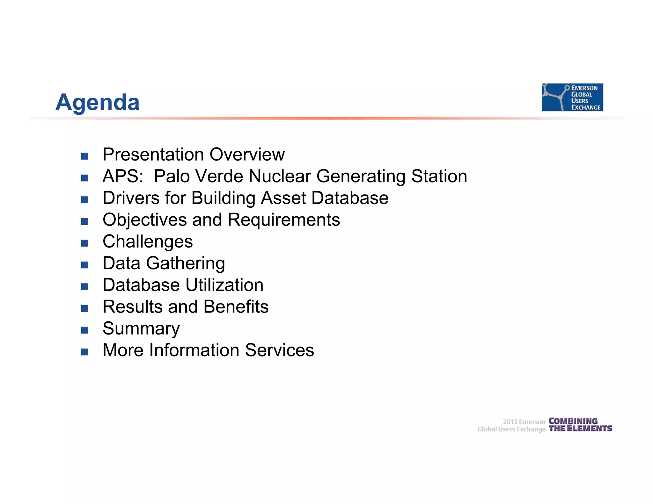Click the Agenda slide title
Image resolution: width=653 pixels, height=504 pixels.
point(98,102)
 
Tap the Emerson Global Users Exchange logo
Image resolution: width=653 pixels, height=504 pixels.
point(572,97)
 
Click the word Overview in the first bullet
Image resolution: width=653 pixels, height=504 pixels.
point(247,155)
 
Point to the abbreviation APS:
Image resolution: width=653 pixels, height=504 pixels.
point(123,176)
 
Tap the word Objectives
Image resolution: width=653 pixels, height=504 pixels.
point(144,220)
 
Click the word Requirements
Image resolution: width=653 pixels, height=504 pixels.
point(284,220)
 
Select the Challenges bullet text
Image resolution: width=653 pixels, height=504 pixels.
point(148,241)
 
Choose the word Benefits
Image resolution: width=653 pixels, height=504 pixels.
point(236,307)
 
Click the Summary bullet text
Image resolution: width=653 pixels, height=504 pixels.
point(141,328)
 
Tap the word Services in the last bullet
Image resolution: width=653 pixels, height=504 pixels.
point(279,350)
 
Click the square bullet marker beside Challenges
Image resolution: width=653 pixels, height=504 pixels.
point(84,243)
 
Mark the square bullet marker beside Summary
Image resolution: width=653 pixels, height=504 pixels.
point(84,330)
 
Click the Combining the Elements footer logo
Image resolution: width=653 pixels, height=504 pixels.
point(580,425)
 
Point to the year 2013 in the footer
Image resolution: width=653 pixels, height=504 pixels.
point(510,422)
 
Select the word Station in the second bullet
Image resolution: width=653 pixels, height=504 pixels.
point(439,176)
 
